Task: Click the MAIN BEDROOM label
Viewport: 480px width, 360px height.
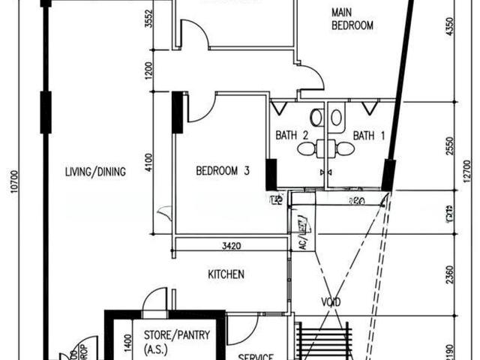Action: click(352, 19)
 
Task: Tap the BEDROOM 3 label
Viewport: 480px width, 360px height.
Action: click(223, 171)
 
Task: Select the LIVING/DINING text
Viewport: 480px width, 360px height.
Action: click(95, 172)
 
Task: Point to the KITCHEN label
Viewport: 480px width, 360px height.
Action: click(226, 275)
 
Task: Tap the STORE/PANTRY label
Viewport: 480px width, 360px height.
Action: click(171, 335)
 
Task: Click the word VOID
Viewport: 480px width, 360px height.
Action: click(331, 302)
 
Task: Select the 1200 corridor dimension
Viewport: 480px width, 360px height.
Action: click(149, 71)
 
